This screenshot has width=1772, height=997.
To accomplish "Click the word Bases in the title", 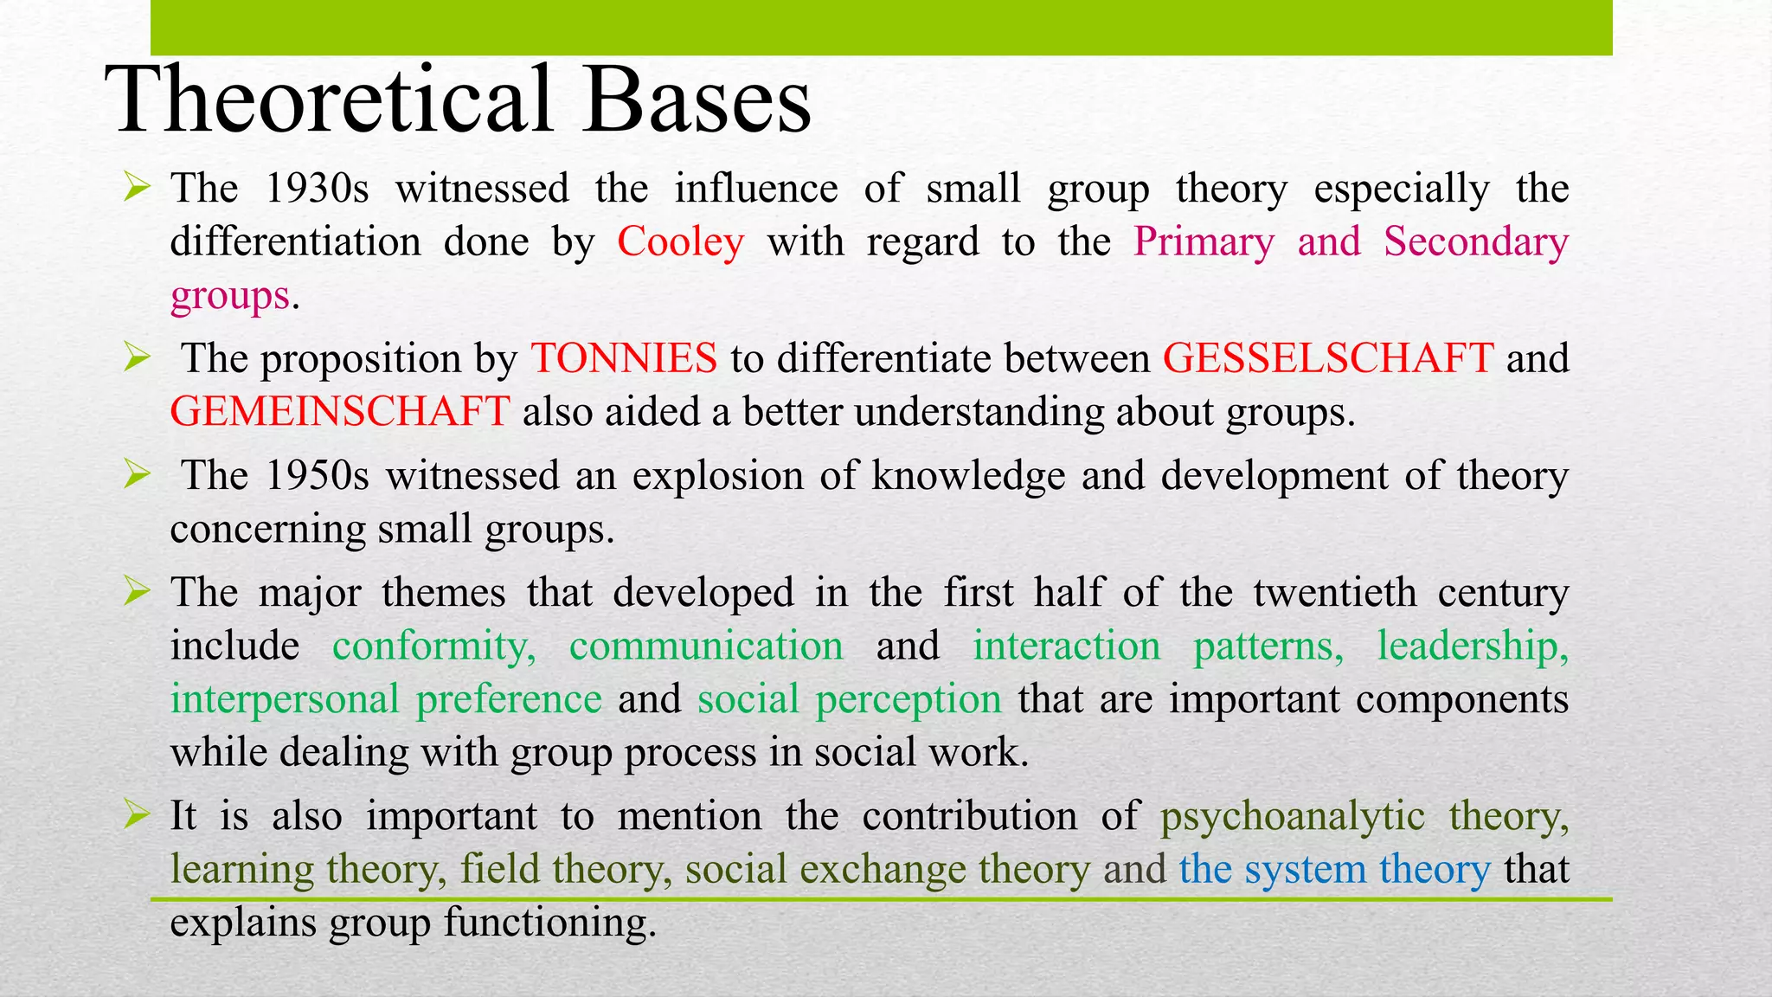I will [x=697, y=100].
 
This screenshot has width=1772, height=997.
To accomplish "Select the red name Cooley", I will [x=680, y=241].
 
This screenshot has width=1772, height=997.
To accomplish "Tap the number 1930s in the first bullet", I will [x=317, y=189].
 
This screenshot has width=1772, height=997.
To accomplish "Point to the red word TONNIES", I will [x=624, y=358].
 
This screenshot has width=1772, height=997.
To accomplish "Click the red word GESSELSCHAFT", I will [x=1327, y=358].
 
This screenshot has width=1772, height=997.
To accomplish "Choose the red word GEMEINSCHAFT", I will [x=339, y=411].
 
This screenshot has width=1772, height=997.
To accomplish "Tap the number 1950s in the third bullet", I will [x=317, y=476].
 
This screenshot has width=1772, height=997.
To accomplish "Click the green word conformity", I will [x=433, y=646].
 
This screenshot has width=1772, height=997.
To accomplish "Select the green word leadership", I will [x=1472, y=646].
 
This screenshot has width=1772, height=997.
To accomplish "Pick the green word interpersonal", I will [x=284, y=699].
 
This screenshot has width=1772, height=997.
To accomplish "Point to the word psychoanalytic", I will [x=1292, y=817].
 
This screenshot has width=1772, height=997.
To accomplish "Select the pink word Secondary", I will [x=1475, y=241].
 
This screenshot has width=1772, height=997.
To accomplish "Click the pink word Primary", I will [x=1204, y=241].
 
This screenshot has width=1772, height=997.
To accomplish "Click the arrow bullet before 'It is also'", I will [x=137, y=814].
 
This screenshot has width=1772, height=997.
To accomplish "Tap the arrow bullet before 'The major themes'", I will [x=137, y=592].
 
